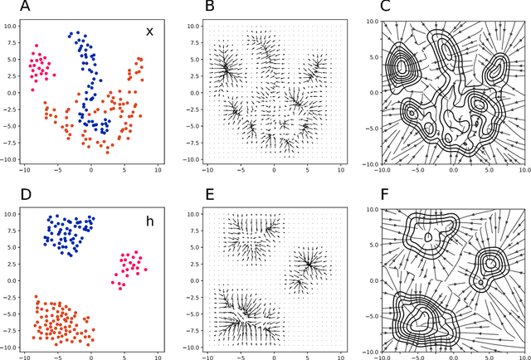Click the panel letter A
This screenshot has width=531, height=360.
pos(7,7)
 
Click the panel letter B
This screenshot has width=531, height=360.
pos(188,7)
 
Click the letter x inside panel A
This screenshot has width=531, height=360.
pos(150,32)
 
